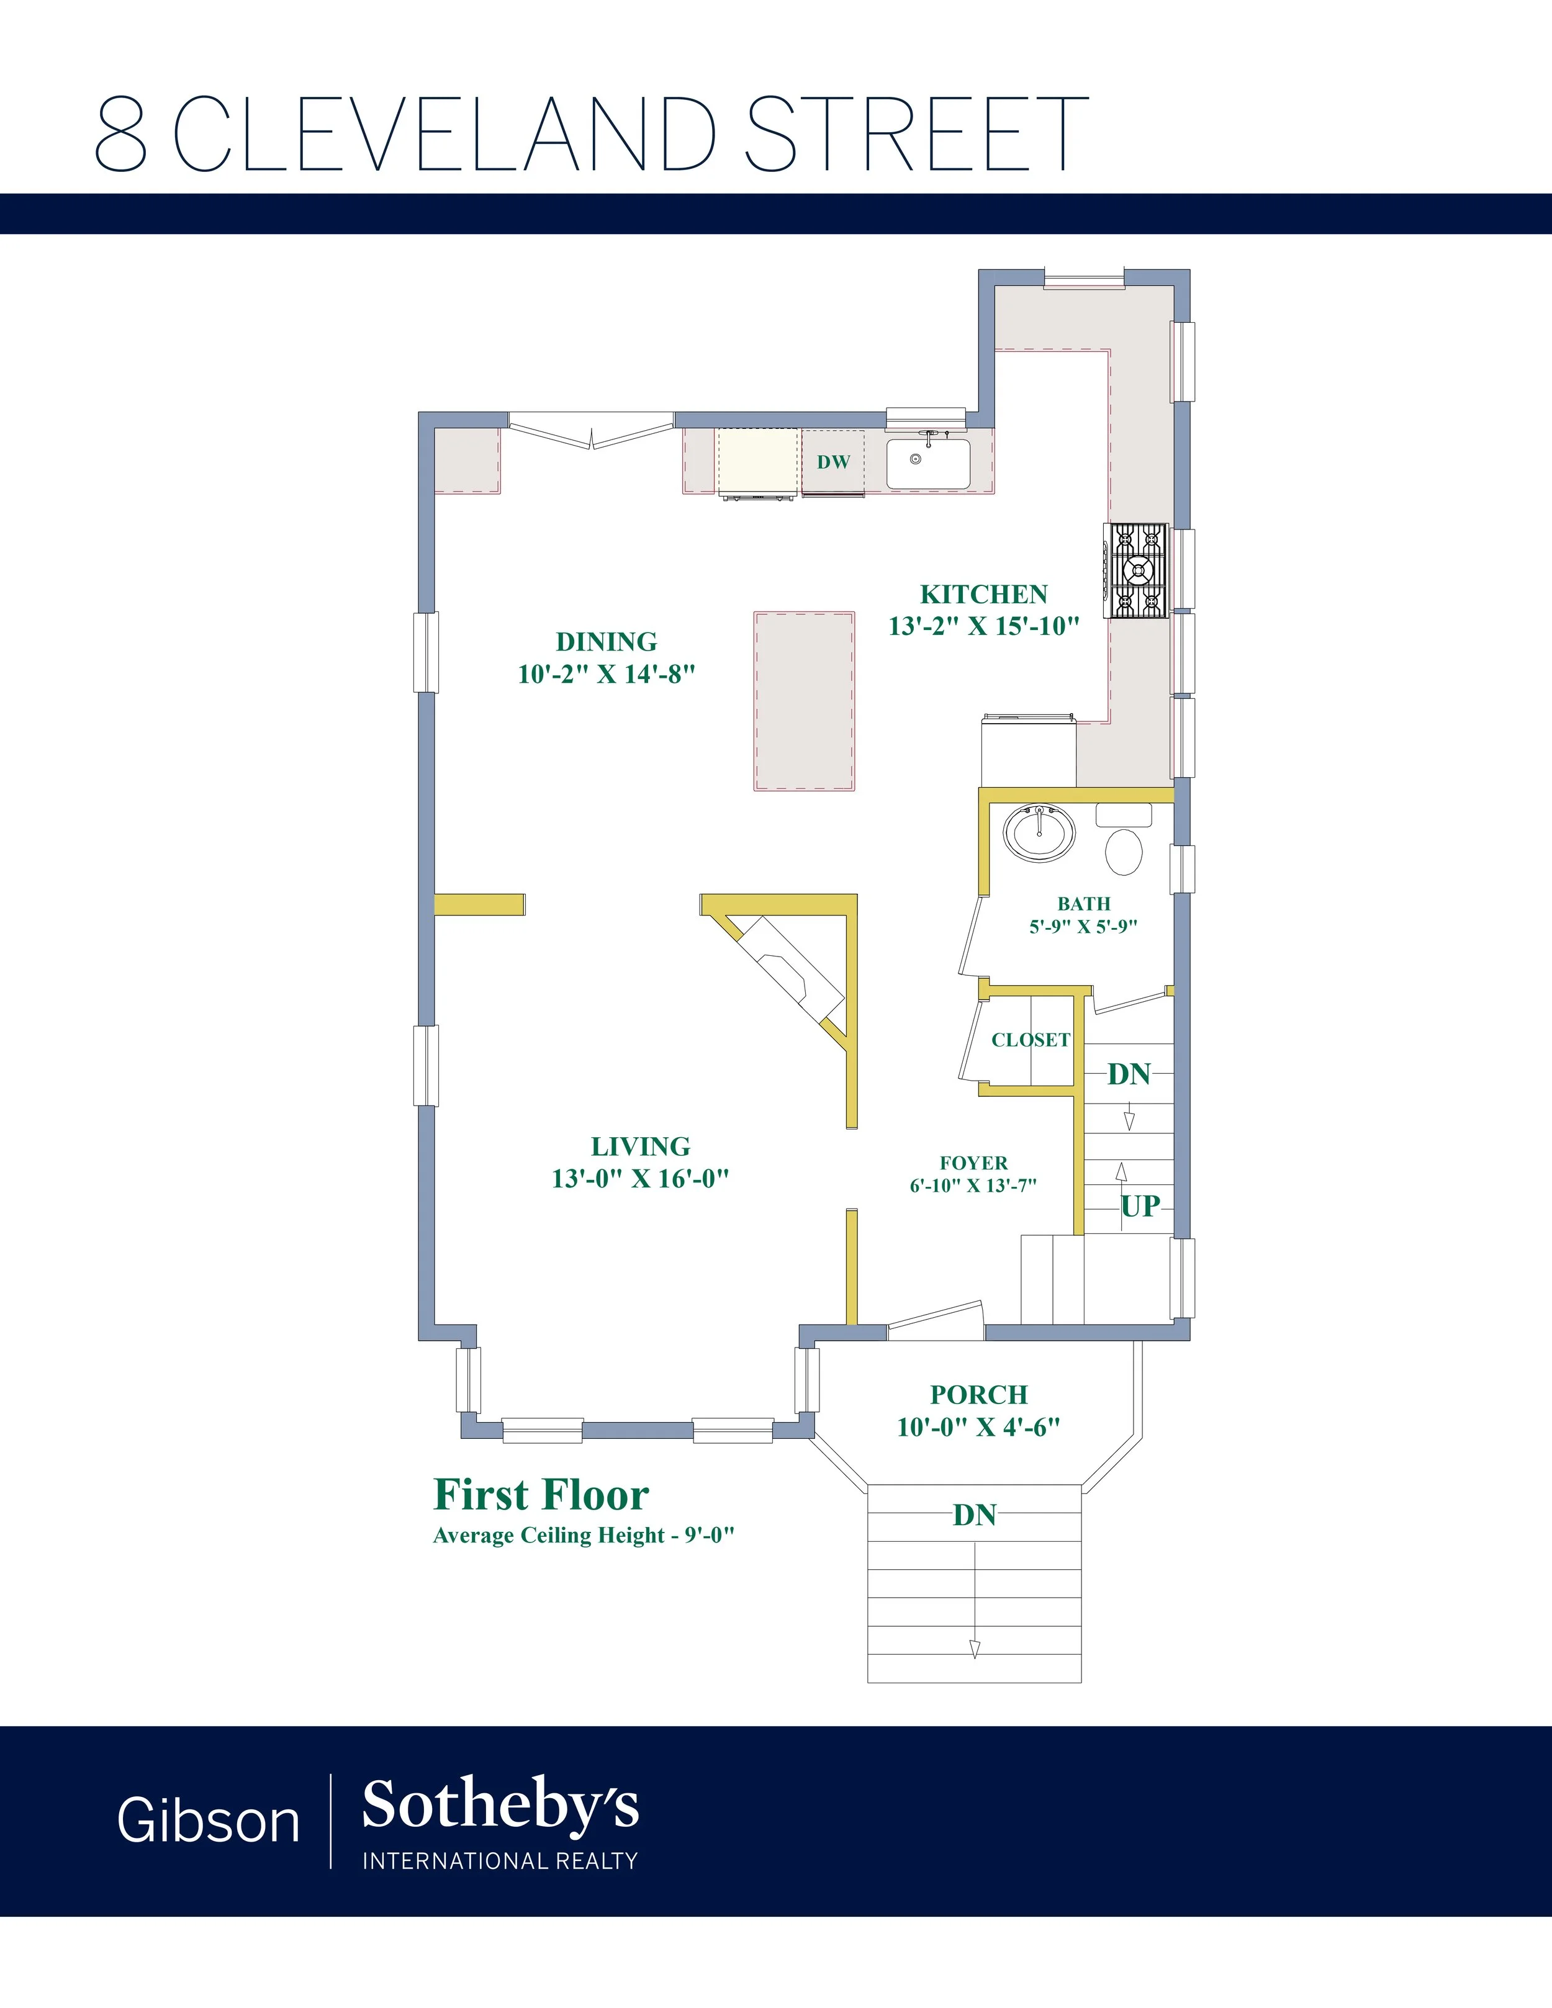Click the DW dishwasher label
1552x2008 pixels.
click(834, 462)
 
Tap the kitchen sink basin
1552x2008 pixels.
click(927, 464)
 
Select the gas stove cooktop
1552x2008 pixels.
click(1137, 570)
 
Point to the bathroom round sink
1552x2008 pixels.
click(1040, 833)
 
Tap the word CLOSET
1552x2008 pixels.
click(1031, 1040)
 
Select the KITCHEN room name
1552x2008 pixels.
click(984, 594)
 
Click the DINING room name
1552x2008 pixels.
click(607, 642)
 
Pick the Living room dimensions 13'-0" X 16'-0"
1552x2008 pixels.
click(641, 1179)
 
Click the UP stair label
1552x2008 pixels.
click(1140, 1205)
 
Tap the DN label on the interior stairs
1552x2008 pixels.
click(1129, 1074)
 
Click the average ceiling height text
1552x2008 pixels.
click(584, 1536)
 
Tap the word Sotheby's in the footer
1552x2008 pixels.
click(500, 1803)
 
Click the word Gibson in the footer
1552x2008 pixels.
click(209, 1821)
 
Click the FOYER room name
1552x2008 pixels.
click(973, 1163)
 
